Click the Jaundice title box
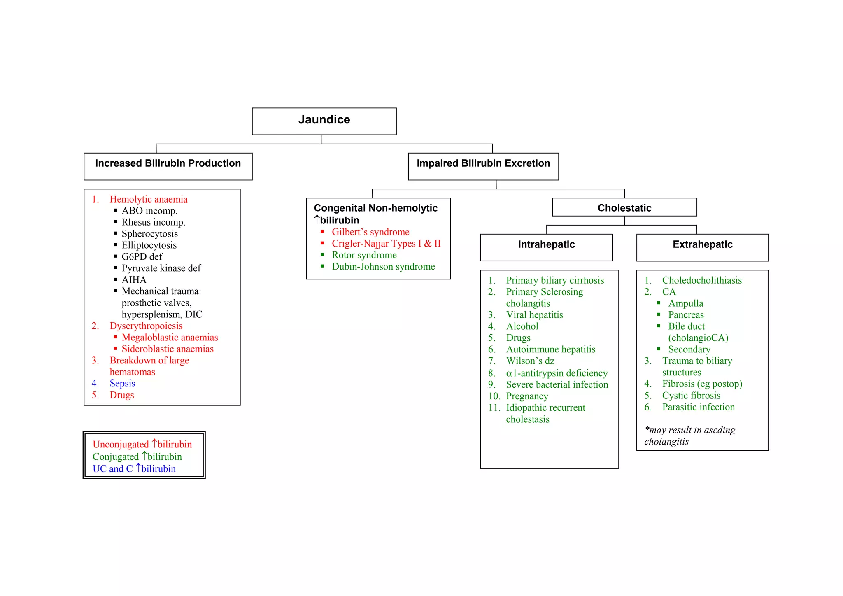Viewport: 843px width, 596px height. [324, 121]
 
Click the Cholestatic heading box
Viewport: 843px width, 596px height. [624, 208]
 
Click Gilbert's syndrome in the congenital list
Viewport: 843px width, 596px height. [370, 232]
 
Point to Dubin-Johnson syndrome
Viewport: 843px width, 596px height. [383, 267]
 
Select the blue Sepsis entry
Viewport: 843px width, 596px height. [122, 384]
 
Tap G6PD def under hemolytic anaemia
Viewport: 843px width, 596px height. [142, 257]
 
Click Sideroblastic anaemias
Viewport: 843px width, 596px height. [168, 349]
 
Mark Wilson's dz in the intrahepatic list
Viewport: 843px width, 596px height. [530, 361]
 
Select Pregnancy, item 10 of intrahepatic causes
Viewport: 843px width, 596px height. [527, 396]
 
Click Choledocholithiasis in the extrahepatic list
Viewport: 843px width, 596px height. [702, 280]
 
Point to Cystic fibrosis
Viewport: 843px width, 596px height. [691, 396]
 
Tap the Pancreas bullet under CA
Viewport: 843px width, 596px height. [686, 315]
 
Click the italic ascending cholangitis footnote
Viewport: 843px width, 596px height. [689, 436]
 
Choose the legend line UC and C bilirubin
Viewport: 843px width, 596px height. [134, 469]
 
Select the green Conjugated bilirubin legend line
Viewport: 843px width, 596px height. [137, 457]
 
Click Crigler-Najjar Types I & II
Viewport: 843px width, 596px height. [386, 244]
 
